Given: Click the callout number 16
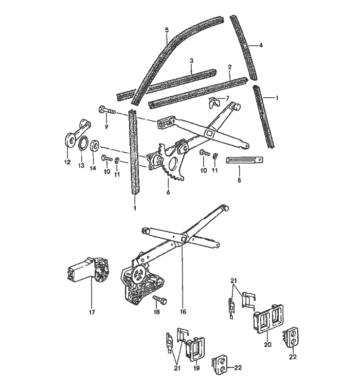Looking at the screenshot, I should pos(183,312).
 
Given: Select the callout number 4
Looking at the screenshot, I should pos(261,46).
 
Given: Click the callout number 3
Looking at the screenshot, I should pos(191,61).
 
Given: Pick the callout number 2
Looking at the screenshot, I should pos(229,67).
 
